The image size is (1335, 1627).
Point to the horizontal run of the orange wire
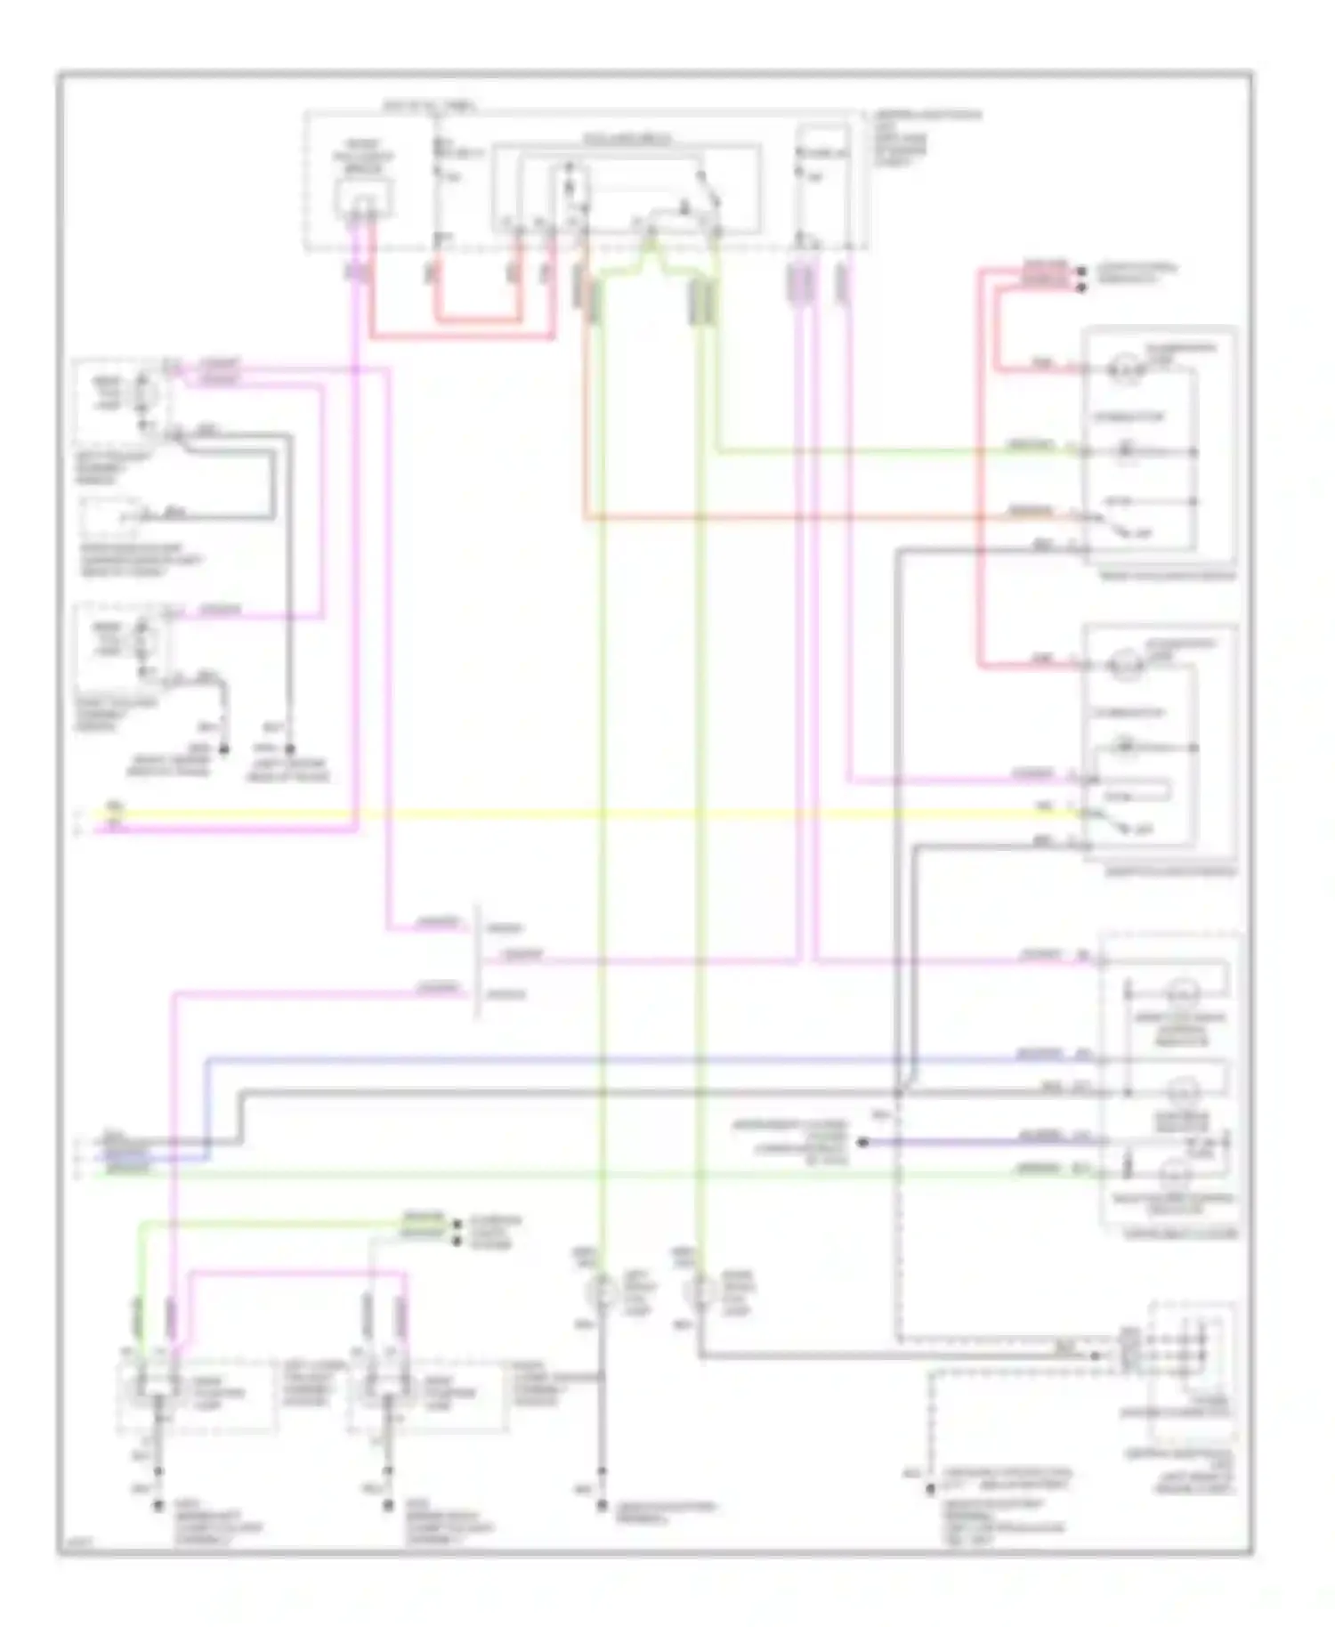tap(801, 516)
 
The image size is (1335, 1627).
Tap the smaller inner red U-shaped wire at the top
tap(477, 318)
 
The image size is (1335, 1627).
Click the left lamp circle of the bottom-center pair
tap(603, 1288)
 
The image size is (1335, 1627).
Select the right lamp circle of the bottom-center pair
tap(702, 1288)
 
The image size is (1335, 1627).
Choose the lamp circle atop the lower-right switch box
tap(1124, 663)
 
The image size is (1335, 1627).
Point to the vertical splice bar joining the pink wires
tap(478, 961)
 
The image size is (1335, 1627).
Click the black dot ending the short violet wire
tap(862, 1142)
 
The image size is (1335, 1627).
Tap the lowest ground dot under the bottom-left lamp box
tap(158, 1506)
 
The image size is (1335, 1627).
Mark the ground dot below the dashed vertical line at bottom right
tap(929, 1489)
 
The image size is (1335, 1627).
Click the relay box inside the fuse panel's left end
tap(363, 198)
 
